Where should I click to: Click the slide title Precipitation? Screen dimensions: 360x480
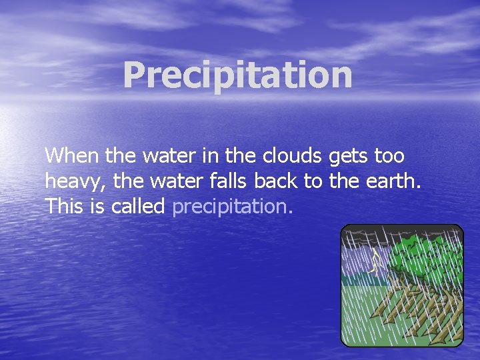point(237,75)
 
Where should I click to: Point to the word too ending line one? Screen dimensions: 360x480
point(389,156)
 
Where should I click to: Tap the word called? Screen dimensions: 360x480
point(138,206)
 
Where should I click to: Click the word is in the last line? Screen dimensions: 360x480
point(97,206)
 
